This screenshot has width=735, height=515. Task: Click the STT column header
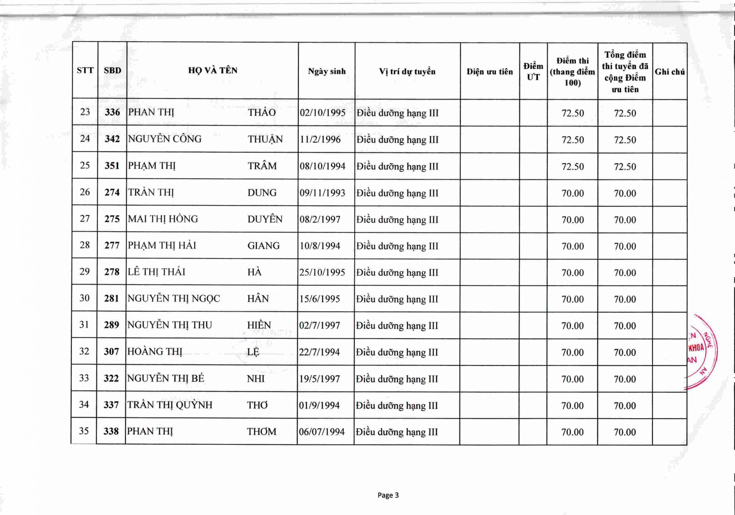tap(85, 70)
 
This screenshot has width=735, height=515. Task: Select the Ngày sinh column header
tap(326, 71)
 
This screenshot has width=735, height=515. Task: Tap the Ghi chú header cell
tap(669, 72)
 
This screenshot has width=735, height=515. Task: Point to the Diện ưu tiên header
tap(489, 72)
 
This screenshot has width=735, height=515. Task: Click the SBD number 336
tap(112, 112)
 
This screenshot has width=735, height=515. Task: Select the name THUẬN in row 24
tap(265, 140)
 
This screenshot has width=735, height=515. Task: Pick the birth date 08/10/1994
tap(322, 166)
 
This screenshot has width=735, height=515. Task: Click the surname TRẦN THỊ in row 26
tap(151, 192)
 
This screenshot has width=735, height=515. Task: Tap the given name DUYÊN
tap(265, 219)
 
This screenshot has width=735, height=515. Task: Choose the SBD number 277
tap(112, 245)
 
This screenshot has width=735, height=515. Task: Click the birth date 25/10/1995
tap(322, 272)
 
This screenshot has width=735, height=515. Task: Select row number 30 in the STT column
tap(85, 298)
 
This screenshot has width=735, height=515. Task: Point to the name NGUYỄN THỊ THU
tap(169, 325)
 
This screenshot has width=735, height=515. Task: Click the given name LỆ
tap(253, 352)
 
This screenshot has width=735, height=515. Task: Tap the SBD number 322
tap(111, 379)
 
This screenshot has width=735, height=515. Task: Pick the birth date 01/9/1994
tap(319, 405)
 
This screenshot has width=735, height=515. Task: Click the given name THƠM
tap(261, 431)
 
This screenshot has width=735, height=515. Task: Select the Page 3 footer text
tap(388, 495)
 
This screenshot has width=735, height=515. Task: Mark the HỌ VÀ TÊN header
tap(213, 70)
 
